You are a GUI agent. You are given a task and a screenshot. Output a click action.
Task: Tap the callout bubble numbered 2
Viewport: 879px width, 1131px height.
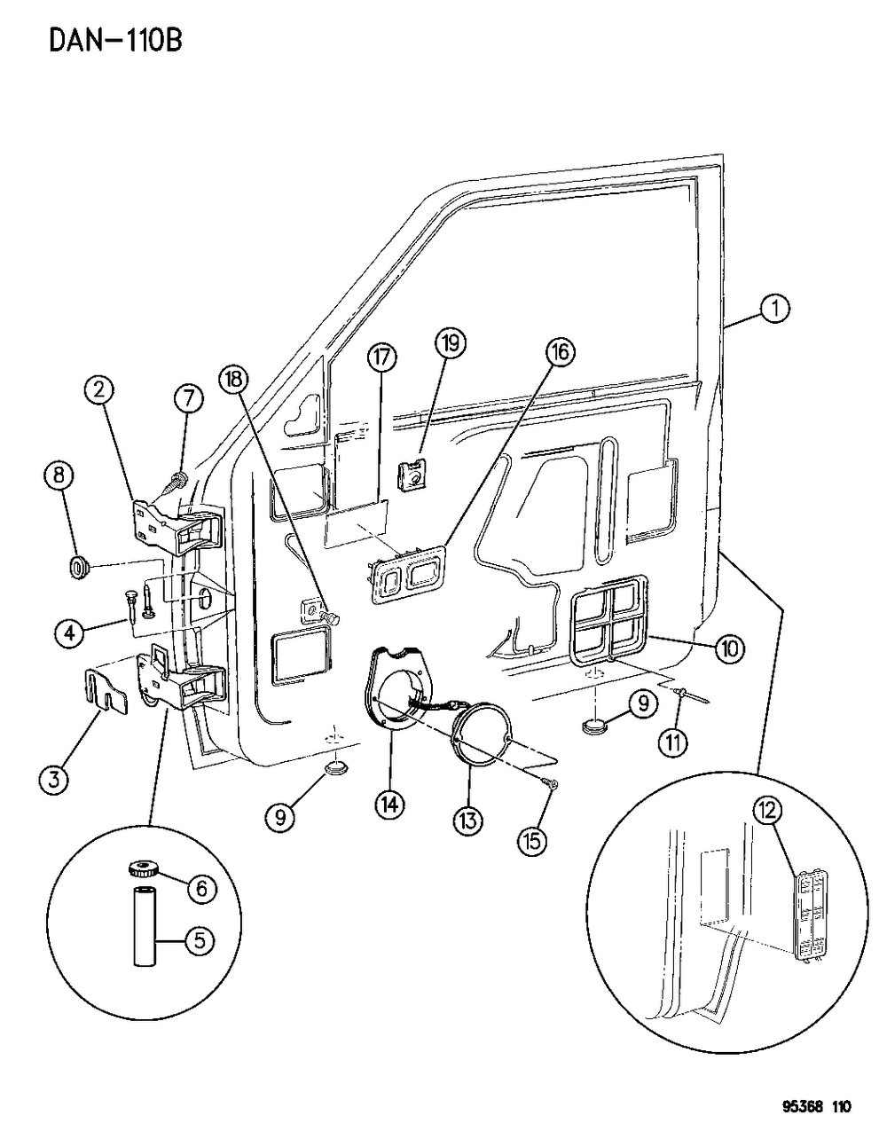(98, 389)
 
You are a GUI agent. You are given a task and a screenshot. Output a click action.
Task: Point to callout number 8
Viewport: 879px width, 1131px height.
(59, 475)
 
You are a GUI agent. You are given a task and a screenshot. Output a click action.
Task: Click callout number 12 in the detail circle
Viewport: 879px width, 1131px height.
(769, 810)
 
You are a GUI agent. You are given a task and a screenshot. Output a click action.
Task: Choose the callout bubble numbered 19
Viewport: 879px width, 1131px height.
(449, 343)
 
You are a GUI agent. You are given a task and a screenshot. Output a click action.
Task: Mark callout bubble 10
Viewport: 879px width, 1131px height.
(731, 649)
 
